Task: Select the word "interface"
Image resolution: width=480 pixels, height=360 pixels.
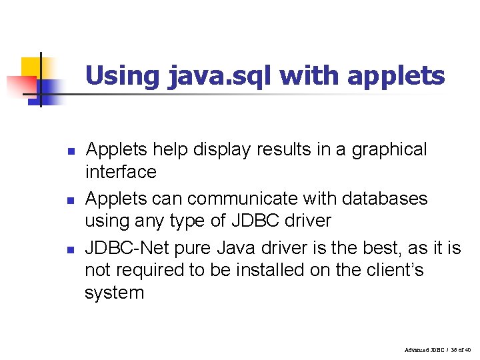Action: [121, 172]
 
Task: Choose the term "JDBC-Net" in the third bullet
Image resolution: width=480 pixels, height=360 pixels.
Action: [127, 249]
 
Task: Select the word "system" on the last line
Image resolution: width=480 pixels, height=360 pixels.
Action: [114, 293]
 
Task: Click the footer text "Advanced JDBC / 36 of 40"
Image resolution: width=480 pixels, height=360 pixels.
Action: [437, 349]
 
